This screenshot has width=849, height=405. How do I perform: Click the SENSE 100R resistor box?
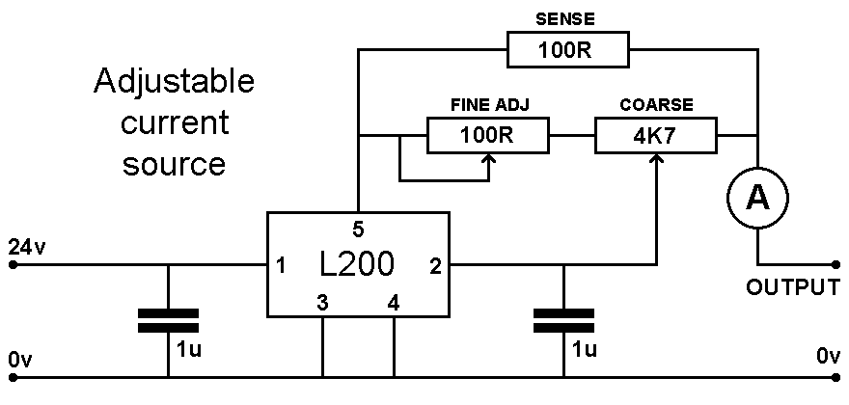(567, 50)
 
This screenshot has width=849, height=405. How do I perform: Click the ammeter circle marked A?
(757, 198)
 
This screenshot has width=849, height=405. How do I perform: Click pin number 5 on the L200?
(358, 229)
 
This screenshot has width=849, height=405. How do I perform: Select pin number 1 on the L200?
(281, 265)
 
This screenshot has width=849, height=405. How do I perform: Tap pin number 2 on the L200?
(435, 265)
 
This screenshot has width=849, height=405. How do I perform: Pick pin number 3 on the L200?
(321, 302)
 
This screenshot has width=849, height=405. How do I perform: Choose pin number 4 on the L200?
(393, 302)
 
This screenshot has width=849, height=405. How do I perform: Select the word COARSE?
(657, 104)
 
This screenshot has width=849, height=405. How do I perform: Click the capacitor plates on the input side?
(168, 319)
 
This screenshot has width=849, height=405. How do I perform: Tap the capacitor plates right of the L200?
(564, 319)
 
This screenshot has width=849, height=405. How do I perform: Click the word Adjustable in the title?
(174, 81)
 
